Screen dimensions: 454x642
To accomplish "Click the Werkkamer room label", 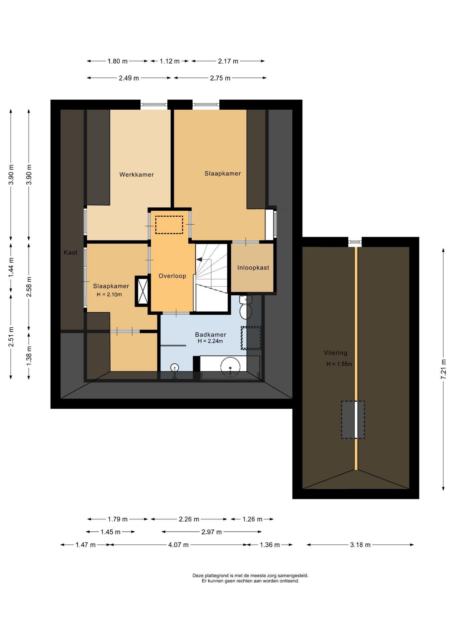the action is click(136, 175).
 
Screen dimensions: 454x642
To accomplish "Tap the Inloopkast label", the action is click(253, 267).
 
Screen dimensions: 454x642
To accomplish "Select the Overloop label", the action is click(172, 276).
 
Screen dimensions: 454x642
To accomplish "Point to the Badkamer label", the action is click(211, 334).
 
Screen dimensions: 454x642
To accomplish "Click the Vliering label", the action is click(336, 352).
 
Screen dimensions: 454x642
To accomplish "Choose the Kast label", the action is click(71, 252).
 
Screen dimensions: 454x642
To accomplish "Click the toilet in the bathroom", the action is click(246, 307).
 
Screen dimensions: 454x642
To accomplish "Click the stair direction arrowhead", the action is click(199, 259).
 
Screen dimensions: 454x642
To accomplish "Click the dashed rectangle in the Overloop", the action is click(169, 225).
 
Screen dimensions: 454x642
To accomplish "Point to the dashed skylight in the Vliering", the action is click(353, 420).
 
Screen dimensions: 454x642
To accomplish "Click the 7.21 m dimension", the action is click(443, 369).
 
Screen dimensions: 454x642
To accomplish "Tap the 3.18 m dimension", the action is click(360, 545).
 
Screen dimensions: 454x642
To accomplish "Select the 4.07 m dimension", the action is click(179, 545).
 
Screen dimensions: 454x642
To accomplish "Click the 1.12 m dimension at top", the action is click(169, 61).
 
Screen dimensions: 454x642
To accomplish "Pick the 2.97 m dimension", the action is click(212, 532).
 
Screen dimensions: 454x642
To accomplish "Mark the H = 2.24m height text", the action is click(210, 341).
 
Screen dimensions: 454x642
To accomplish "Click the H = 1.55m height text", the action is click(339, 364).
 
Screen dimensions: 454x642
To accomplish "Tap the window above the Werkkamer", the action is click(153, 105).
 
